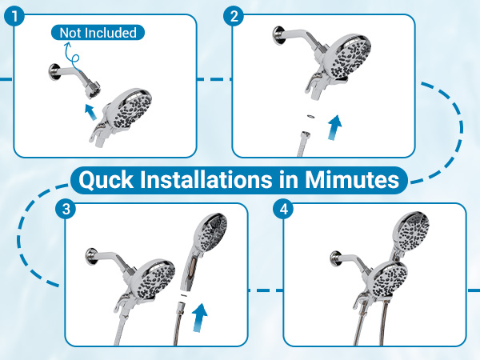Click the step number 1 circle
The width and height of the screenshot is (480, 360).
point(14,16)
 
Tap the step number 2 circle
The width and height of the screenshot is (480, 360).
point(234,16)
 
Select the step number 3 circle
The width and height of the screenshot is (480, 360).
point(66,210)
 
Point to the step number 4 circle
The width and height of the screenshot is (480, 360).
point(284,210)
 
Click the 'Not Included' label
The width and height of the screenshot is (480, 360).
point(98,33)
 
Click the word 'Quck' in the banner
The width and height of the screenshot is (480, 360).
point(106,180)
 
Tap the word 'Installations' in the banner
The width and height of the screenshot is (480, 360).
point(206,179)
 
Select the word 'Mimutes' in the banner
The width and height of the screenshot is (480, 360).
point(352,179)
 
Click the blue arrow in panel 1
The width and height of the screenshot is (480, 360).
point(90,112)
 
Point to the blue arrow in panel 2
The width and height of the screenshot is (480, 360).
point(334,128)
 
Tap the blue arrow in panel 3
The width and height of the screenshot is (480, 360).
point(199,317)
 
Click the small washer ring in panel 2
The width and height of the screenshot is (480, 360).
point(310,116)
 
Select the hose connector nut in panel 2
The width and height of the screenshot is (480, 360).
point(305,135)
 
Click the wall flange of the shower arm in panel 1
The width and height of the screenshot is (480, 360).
point(54,72)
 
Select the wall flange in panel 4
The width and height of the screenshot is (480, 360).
point(336,259)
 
